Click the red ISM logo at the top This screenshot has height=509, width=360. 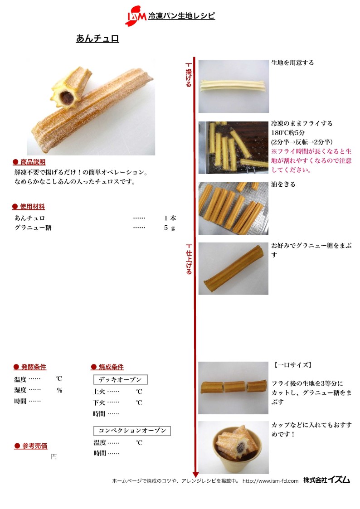click(x=136, y=15)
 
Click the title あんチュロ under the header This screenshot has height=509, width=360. click(x=97, y=39)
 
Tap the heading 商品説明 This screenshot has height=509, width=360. click(x=29, y=162)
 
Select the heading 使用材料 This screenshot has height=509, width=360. click(x=29, y=207)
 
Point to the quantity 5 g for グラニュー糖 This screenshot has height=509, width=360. click(x=170, y=228)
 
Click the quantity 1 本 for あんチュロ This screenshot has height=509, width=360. click(x=170, y=218)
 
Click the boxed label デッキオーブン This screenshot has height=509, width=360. click(x=121, y=379)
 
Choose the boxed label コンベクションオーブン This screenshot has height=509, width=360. click(x=132, y=431)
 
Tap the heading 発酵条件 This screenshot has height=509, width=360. click(x=30, y=367)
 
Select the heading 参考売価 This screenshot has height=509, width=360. click(x=31, y=446)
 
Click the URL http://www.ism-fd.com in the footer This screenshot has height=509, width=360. click(x=270, y=481)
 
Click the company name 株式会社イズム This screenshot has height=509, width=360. click(x=326, y=480)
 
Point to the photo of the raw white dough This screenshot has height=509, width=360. click(x=234, y=87)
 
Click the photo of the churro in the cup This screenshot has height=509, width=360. click(x=234, y=447)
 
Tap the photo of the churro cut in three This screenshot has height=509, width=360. click(x=234, y=388)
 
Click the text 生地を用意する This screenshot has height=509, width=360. click(x=292, y=63)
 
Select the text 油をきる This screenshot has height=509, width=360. click(x=283, y=184)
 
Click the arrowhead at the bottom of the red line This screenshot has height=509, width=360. click(x=195, y=474)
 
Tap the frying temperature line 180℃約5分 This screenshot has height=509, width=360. click(x=288, y=132)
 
